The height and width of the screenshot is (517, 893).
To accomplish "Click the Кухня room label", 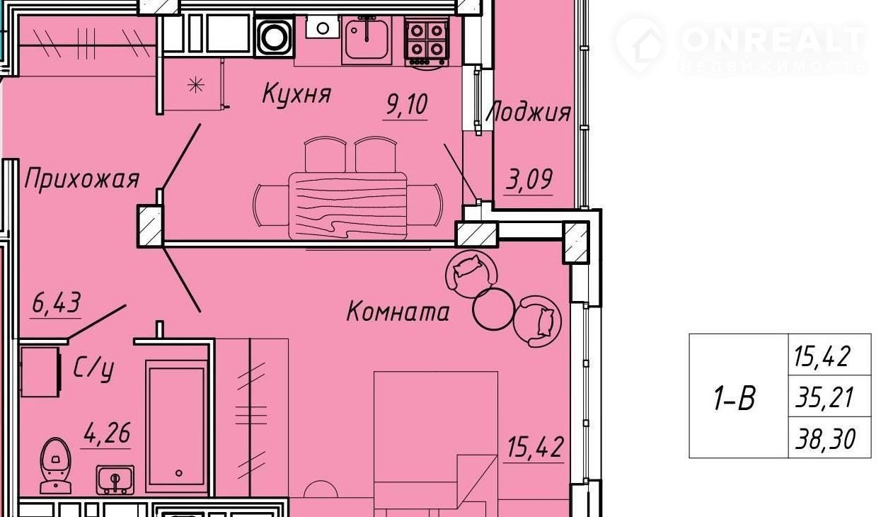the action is pyautogui.click(x=296, y=93).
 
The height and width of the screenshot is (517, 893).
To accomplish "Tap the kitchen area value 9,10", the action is pyautogui.click(x=406, y=104).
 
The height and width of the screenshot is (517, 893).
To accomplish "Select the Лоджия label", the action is pyautogui.click(x=528, y=112).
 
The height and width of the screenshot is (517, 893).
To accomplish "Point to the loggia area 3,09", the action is pyautogui.click(x=529, y=179).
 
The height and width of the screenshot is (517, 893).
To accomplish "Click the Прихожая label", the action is pyautogui.click(x=81, y=178).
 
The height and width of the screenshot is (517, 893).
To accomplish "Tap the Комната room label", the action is pyautogui.click(x=398, y=312).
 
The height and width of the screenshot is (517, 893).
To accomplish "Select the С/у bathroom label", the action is pyautogui.click(x=94, y=369).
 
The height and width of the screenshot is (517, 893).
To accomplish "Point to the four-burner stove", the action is pyautogui.click(x=427, y=41).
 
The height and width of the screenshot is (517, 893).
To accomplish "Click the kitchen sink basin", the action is pyautogui.click(x=366, y=40).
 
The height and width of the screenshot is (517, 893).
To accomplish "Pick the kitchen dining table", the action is pyautogui.click(x=347, y=205).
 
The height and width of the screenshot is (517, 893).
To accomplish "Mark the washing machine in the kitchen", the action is pyautogui.click(x=275, y=37).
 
